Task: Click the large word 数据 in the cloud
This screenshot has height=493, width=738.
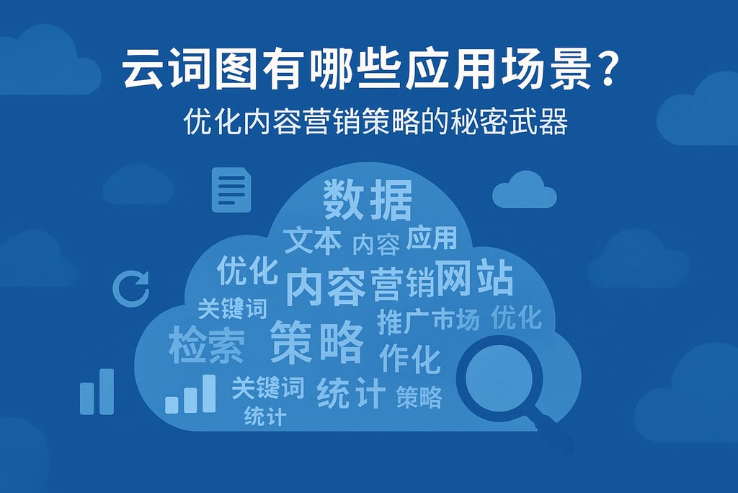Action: pos(368,201)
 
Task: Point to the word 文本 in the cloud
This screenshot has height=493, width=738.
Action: pos(312,241)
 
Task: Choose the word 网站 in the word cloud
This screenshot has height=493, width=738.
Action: pos(475,279)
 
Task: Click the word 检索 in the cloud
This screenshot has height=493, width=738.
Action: pos(206,345)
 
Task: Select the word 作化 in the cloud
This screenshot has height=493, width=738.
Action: pos(409,358)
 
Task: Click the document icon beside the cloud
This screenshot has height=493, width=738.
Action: pos(231,190)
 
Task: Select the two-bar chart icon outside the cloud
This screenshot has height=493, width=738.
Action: pos(97,393)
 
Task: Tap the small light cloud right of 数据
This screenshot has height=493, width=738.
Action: pos(524,189)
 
